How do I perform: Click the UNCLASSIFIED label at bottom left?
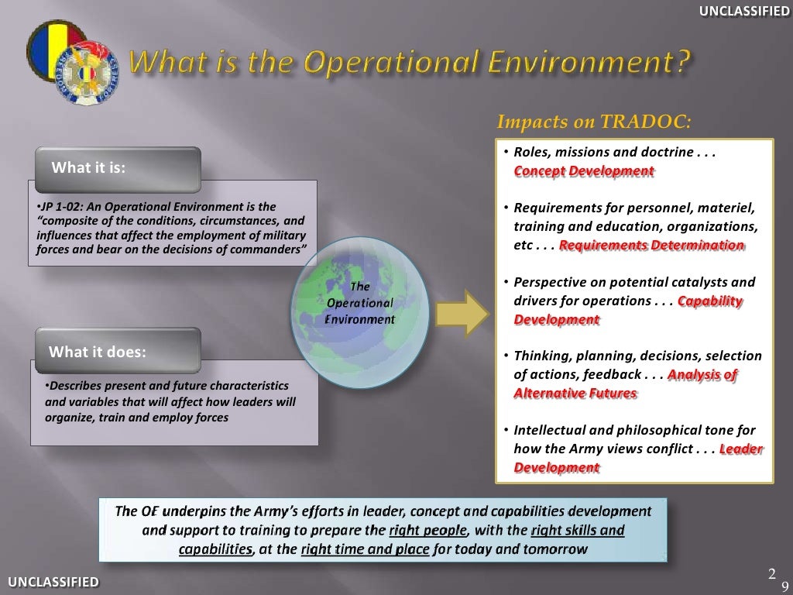[x=53, y=582]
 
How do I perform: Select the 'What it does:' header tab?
[x=97, y=352]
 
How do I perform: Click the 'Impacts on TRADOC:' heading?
[x=592, y=122]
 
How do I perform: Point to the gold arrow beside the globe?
[x=462, y=311]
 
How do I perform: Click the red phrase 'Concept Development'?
[x=584, y=171]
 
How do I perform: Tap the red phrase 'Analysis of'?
[x=702, y=375]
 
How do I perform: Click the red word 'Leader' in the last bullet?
[x=741, y=449]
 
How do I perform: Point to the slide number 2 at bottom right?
[x=771, y=574]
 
